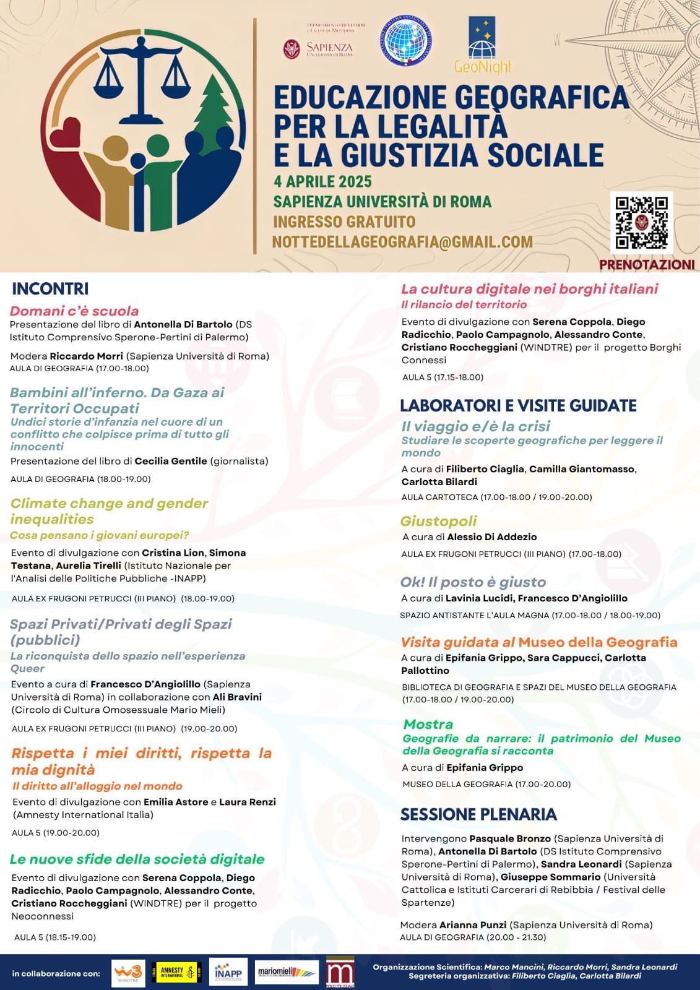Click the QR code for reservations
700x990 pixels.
641,223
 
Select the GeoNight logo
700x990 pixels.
482,46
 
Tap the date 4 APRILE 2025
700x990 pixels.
322,182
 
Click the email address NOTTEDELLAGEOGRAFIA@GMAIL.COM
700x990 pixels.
402,242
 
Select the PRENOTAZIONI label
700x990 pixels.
647,265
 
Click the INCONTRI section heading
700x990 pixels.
50,289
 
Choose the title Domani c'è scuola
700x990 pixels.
74,311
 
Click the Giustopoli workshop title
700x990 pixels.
438,521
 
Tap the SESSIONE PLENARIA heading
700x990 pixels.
478,814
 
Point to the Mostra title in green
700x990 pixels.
428,724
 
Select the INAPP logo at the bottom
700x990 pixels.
228,973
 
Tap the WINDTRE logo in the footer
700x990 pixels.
128,973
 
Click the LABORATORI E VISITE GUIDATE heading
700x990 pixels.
518,406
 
